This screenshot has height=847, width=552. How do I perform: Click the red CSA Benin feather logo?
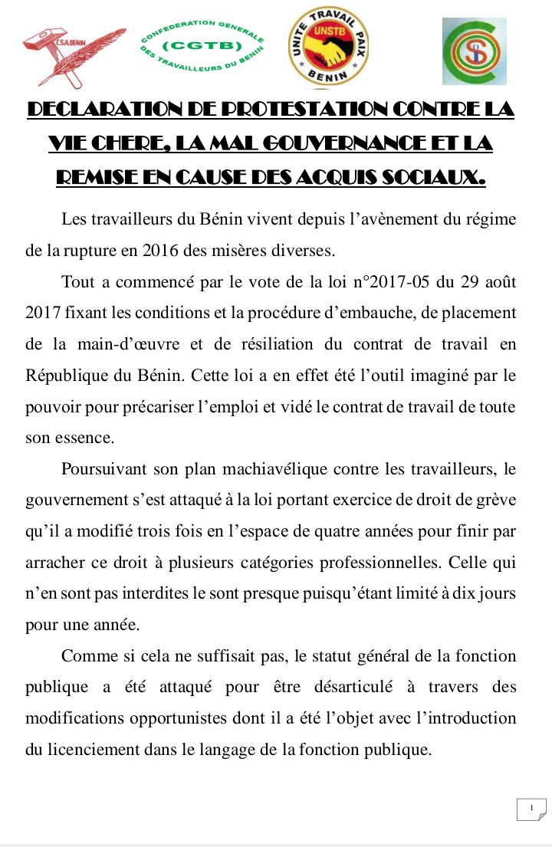point(72,55)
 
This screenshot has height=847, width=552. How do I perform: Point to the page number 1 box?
point(531,808)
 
